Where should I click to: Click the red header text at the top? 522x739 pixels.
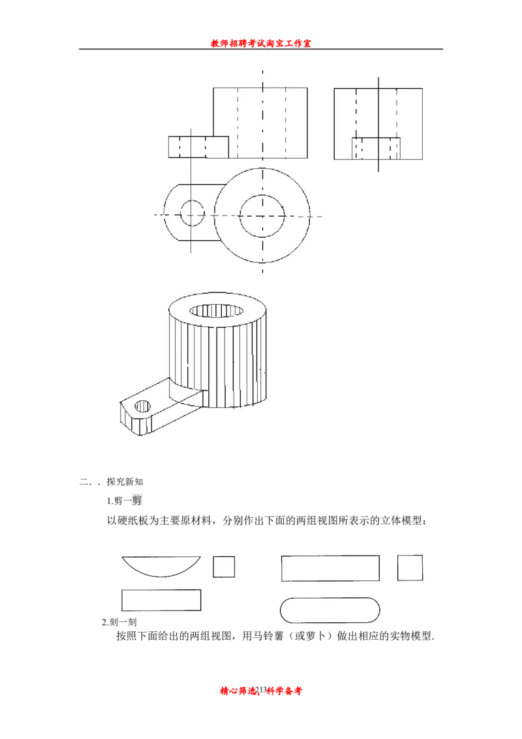coord(260,43)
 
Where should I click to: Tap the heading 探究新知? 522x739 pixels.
coord(125,482)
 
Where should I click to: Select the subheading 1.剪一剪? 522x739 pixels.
coord(125,500)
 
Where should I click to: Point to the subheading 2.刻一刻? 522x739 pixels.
coord(119,621)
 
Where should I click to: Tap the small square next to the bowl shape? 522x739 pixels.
coord(224,567)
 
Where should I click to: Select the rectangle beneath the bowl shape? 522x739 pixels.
coord(161,600)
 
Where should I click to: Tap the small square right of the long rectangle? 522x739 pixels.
coord(410,568)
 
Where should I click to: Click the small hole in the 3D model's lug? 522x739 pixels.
coord(143,406)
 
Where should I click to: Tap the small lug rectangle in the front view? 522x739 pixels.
coord(198,147)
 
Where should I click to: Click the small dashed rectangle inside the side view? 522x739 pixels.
coord(376,148)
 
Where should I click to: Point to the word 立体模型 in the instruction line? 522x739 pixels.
coord(401,521)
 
